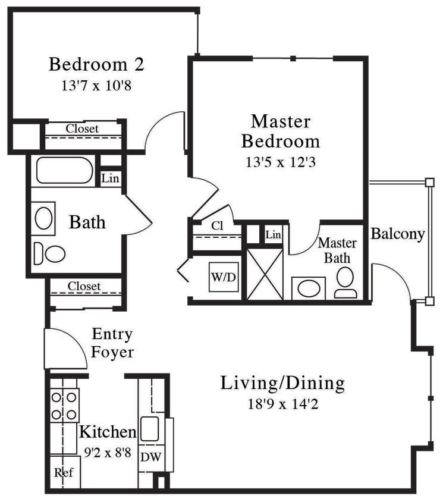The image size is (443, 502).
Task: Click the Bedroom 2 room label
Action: tap(96, 64)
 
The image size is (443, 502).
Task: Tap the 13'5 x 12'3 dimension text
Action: tap(280, 162)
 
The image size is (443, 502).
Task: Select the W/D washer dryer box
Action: tap(224, 277)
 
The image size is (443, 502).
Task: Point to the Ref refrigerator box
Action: tap(64, 473)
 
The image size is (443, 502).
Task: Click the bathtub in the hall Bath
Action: tap(64, 171)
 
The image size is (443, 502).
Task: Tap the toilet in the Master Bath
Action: tap(345, 281)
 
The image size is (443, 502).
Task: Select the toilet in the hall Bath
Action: tap(51, 254)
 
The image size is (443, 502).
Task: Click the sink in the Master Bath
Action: tap(309, 289)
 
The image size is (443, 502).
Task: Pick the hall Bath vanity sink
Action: tap(43, 218)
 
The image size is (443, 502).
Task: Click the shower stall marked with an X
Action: tap(264, 274)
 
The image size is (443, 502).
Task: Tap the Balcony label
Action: tap(397, 234)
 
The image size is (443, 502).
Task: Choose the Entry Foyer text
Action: tap(112, 343)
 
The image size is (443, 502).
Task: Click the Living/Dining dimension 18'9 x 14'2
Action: tap(282, 404)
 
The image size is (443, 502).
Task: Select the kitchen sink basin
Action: tap(149, 428)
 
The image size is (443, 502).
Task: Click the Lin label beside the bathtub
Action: tap(110, 178)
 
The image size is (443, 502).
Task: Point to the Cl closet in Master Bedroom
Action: tap(216, 226)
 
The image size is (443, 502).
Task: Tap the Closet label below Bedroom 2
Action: tap(82, 128)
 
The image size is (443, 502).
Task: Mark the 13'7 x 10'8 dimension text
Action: tap(96, 86)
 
